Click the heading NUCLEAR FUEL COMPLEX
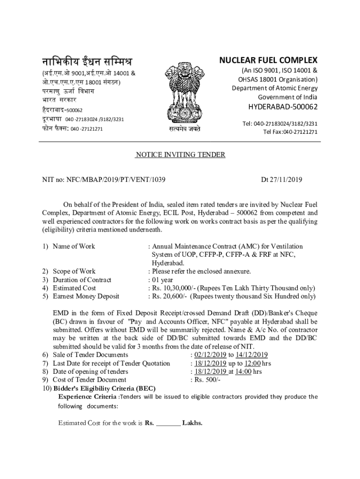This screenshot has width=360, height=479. pos(268,60)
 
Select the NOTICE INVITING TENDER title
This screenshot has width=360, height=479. pos(180,155)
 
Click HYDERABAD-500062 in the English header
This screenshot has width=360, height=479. pos(282,107)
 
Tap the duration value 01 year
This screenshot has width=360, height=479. pos(163,280)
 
